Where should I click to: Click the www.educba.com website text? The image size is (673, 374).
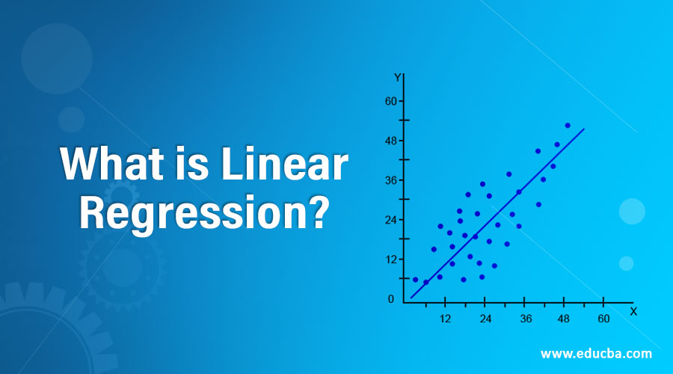tap(595, 353)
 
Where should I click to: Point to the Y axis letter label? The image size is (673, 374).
tap(397, 77)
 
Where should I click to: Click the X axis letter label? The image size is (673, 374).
tap(633, 310)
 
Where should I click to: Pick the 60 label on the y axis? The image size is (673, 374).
tap(390, 101)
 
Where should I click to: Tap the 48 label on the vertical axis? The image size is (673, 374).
tap(390, 141)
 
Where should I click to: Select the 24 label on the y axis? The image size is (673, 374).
tap(390, 220)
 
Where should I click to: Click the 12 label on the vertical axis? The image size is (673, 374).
tap(390, 260)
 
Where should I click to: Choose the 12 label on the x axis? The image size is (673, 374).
tap(445, 319)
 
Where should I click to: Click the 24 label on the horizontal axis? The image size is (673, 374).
tap(485, 319)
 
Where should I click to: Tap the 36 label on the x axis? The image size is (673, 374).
tap(525, 319)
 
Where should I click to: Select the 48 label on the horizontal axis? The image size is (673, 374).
tap(565, 319)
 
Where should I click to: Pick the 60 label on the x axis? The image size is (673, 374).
tap(604, 319)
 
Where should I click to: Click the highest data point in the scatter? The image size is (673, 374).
tap(568, 126)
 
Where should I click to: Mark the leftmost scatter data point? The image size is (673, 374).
tap(416, 280)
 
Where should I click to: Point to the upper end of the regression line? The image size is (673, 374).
tap(583, 129)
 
